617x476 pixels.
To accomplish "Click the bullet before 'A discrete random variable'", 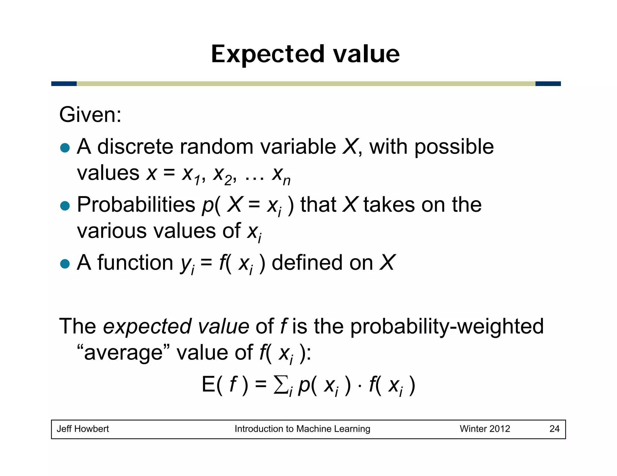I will [x=65, y=148].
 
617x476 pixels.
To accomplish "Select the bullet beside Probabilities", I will [x=65, y=206].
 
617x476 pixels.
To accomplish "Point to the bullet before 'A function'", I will [x=65, y=264].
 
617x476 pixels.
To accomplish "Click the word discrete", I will [x=135, y=147].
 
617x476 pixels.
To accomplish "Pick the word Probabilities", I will [x=136, y=205].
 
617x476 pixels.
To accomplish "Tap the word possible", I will [x=454, y=147].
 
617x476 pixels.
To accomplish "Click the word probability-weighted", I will [x=447, y=326].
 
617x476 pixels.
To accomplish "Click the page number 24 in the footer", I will [x=554, y=429].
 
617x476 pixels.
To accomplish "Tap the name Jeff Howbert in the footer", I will [x=83, y=429].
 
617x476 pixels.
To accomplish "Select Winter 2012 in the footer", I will [x=485, y=429].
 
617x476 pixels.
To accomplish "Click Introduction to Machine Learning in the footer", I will [x=302, y=429].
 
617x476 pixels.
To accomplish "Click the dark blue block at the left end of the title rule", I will [x=64, y=84].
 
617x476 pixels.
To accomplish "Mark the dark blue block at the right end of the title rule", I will [x=548, y=84].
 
